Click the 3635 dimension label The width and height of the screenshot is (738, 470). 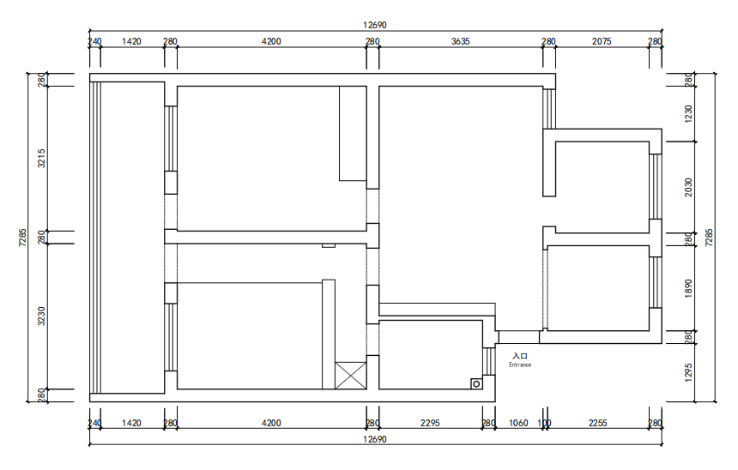tap(460, 41)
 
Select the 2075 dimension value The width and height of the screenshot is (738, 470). tap(602, 41)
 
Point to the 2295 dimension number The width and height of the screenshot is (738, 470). tap(430, 423)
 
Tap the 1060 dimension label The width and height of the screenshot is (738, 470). tap(518, 423)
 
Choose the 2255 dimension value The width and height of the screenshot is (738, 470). tap(598, 423)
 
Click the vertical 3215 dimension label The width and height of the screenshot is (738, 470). tap(41, 158)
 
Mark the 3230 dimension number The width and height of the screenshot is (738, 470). tap(41, 316)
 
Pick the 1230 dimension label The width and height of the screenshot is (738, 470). tap(688, 114)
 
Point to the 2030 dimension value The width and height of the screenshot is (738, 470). tap(688, 187)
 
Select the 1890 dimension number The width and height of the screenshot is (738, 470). tap(688, 288)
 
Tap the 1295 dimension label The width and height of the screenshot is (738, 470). tap(688, 372)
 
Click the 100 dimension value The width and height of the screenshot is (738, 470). tap(544, 423)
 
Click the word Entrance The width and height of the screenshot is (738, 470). tap(520, 365)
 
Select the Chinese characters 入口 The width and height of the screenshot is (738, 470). tap(520, 356)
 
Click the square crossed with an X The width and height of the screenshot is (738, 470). tap(351, 376)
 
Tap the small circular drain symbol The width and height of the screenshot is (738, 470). tap(476, 384)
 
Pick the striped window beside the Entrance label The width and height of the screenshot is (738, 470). tap(489, 361)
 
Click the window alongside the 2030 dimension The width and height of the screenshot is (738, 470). tap(656, 187)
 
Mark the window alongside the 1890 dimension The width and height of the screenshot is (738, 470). tap(656, 282)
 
